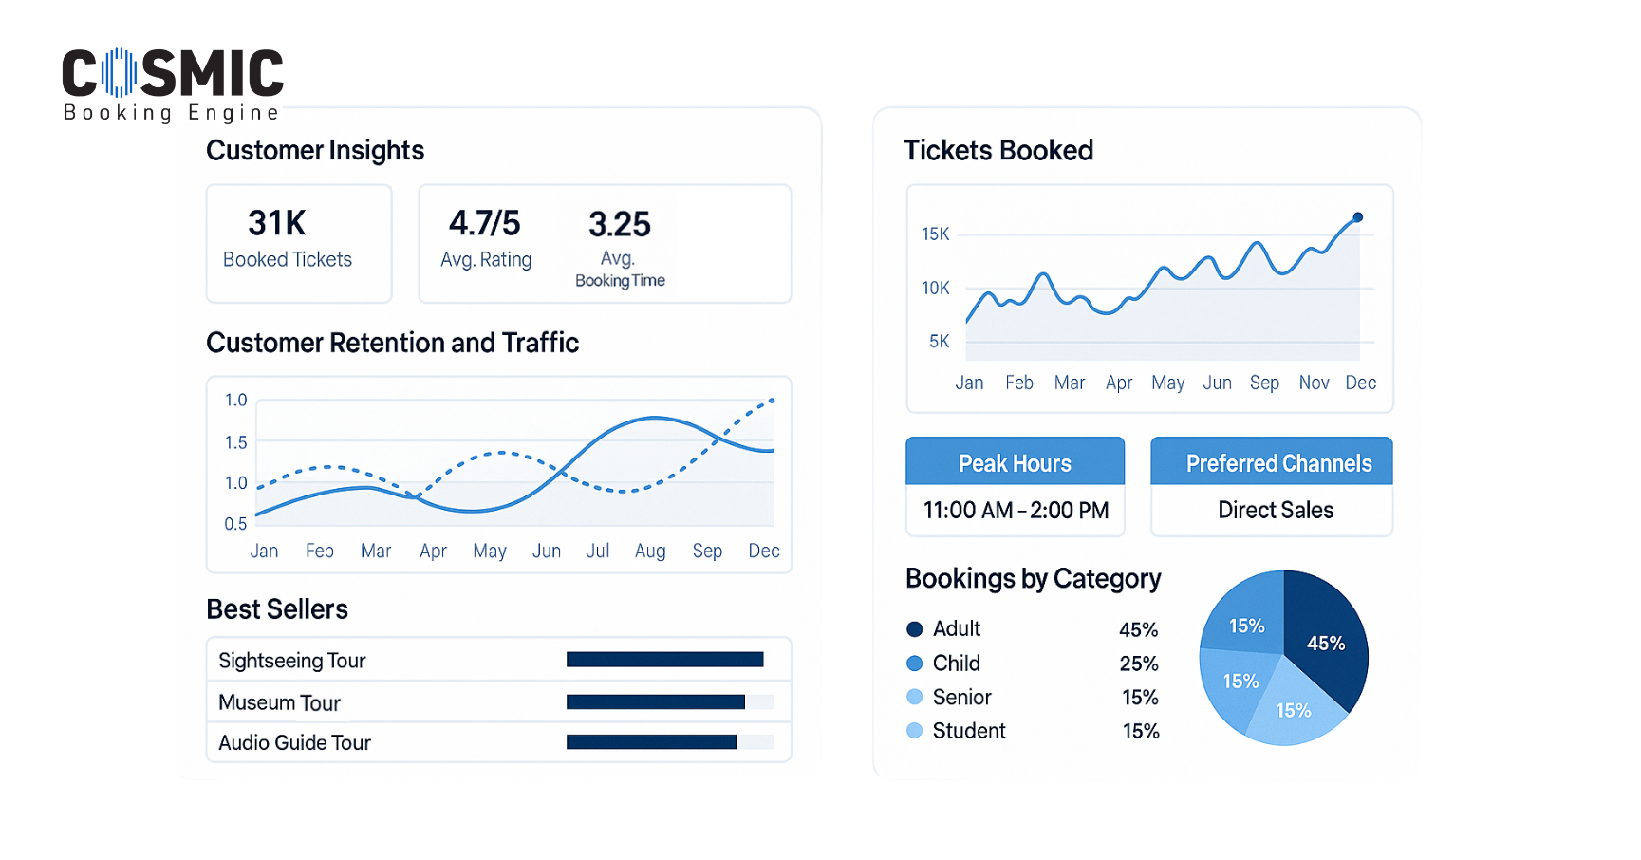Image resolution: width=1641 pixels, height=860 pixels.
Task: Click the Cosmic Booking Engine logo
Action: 172,84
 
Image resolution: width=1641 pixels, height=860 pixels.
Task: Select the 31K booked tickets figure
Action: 276,223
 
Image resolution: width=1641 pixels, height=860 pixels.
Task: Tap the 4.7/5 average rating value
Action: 484,223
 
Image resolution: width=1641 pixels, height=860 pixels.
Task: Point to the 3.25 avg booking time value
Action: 619,224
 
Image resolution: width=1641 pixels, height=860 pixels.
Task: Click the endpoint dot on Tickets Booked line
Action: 1358,217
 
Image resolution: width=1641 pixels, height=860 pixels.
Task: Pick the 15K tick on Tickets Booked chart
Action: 935,234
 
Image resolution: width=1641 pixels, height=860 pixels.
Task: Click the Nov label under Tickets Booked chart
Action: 1314,383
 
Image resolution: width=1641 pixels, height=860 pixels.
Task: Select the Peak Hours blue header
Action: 1015,462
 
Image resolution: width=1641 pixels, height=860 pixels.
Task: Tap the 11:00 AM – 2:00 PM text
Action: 1016,511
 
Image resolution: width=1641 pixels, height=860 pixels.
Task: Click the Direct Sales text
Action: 1275,511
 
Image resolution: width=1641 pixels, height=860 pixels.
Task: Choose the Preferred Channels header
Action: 1277,462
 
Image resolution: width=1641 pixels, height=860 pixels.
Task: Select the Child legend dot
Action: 915,664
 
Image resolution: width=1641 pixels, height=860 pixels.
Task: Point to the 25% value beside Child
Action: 1138,664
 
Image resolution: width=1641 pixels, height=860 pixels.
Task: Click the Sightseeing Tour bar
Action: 664,660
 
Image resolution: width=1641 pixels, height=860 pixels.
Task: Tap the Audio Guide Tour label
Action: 294,743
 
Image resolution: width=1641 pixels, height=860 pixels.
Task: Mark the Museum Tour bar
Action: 655,702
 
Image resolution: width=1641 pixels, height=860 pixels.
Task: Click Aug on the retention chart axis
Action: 650,552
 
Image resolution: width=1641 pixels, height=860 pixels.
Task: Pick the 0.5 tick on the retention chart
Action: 235,524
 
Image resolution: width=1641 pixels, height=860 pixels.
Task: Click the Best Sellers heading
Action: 277,609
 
